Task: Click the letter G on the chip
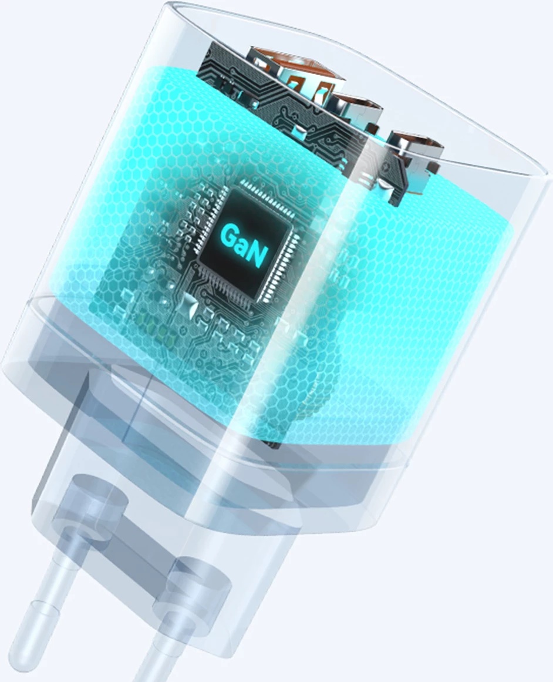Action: [230, 236]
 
